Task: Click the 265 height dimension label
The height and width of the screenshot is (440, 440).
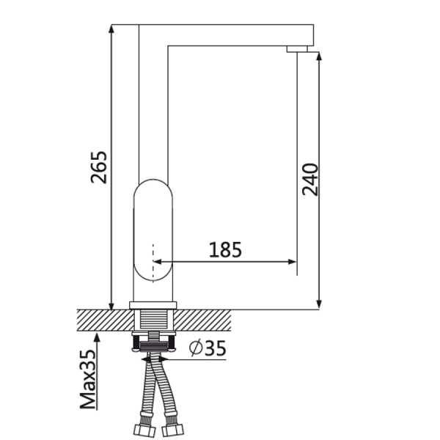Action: [99, 167]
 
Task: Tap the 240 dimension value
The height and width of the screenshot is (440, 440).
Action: [310, 180]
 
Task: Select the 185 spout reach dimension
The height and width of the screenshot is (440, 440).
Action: [225, 249]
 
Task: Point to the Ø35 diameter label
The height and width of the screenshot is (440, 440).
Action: [208, 348]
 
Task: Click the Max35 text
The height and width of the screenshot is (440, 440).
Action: [88, 379]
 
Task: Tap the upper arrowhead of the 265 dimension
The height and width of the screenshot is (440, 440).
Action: [111, 29]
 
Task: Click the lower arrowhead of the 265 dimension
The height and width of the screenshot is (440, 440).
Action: [111, 306]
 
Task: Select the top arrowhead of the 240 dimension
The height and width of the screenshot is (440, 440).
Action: [319, 56]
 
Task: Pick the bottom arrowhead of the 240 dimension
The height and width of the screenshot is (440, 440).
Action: [319, 304]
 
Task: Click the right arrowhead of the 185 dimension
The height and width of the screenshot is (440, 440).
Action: [293, 262]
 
